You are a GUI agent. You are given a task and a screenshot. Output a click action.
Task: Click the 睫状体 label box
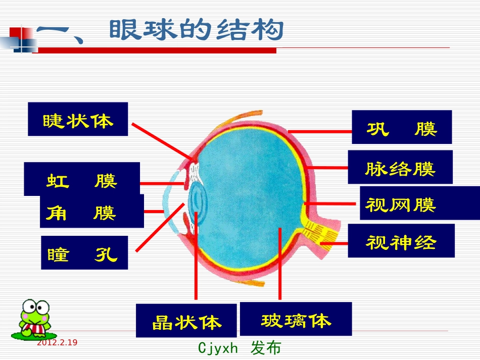pyautogui.click(x=78, y=119)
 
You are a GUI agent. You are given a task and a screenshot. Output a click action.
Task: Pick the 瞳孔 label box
pyautogui.click(x=84, y=253)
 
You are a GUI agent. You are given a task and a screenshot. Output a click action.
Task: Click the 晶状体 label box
pyautogui.click(x=186, y=320)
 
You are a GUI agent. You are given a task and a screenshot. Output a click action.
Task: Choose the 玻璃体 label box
pyautogui.click(x=296, y=319)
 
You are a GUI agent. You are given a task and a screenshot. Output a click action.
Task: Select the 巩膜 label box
pyautogui.click(x=402, y=127)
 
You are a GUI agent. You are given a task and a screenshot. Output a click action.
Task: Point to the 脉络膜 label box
pyautogui.click(x=400, y=167)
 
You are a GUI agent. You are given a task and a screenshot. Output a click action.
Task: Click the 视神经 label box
pyautogui.click(x=401, y=241)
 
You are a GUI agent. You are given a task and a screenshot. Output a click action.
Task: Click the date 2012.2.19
pyautogui.click(x=57, y=343)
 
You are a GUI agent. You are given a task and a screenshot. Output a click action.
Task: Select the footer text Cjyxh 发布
pyautogui.click(x=239, y=348)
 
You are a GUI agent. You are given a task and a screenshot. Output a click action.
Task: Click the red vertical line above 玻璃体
pyautogui.click(x=279, y=268)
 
